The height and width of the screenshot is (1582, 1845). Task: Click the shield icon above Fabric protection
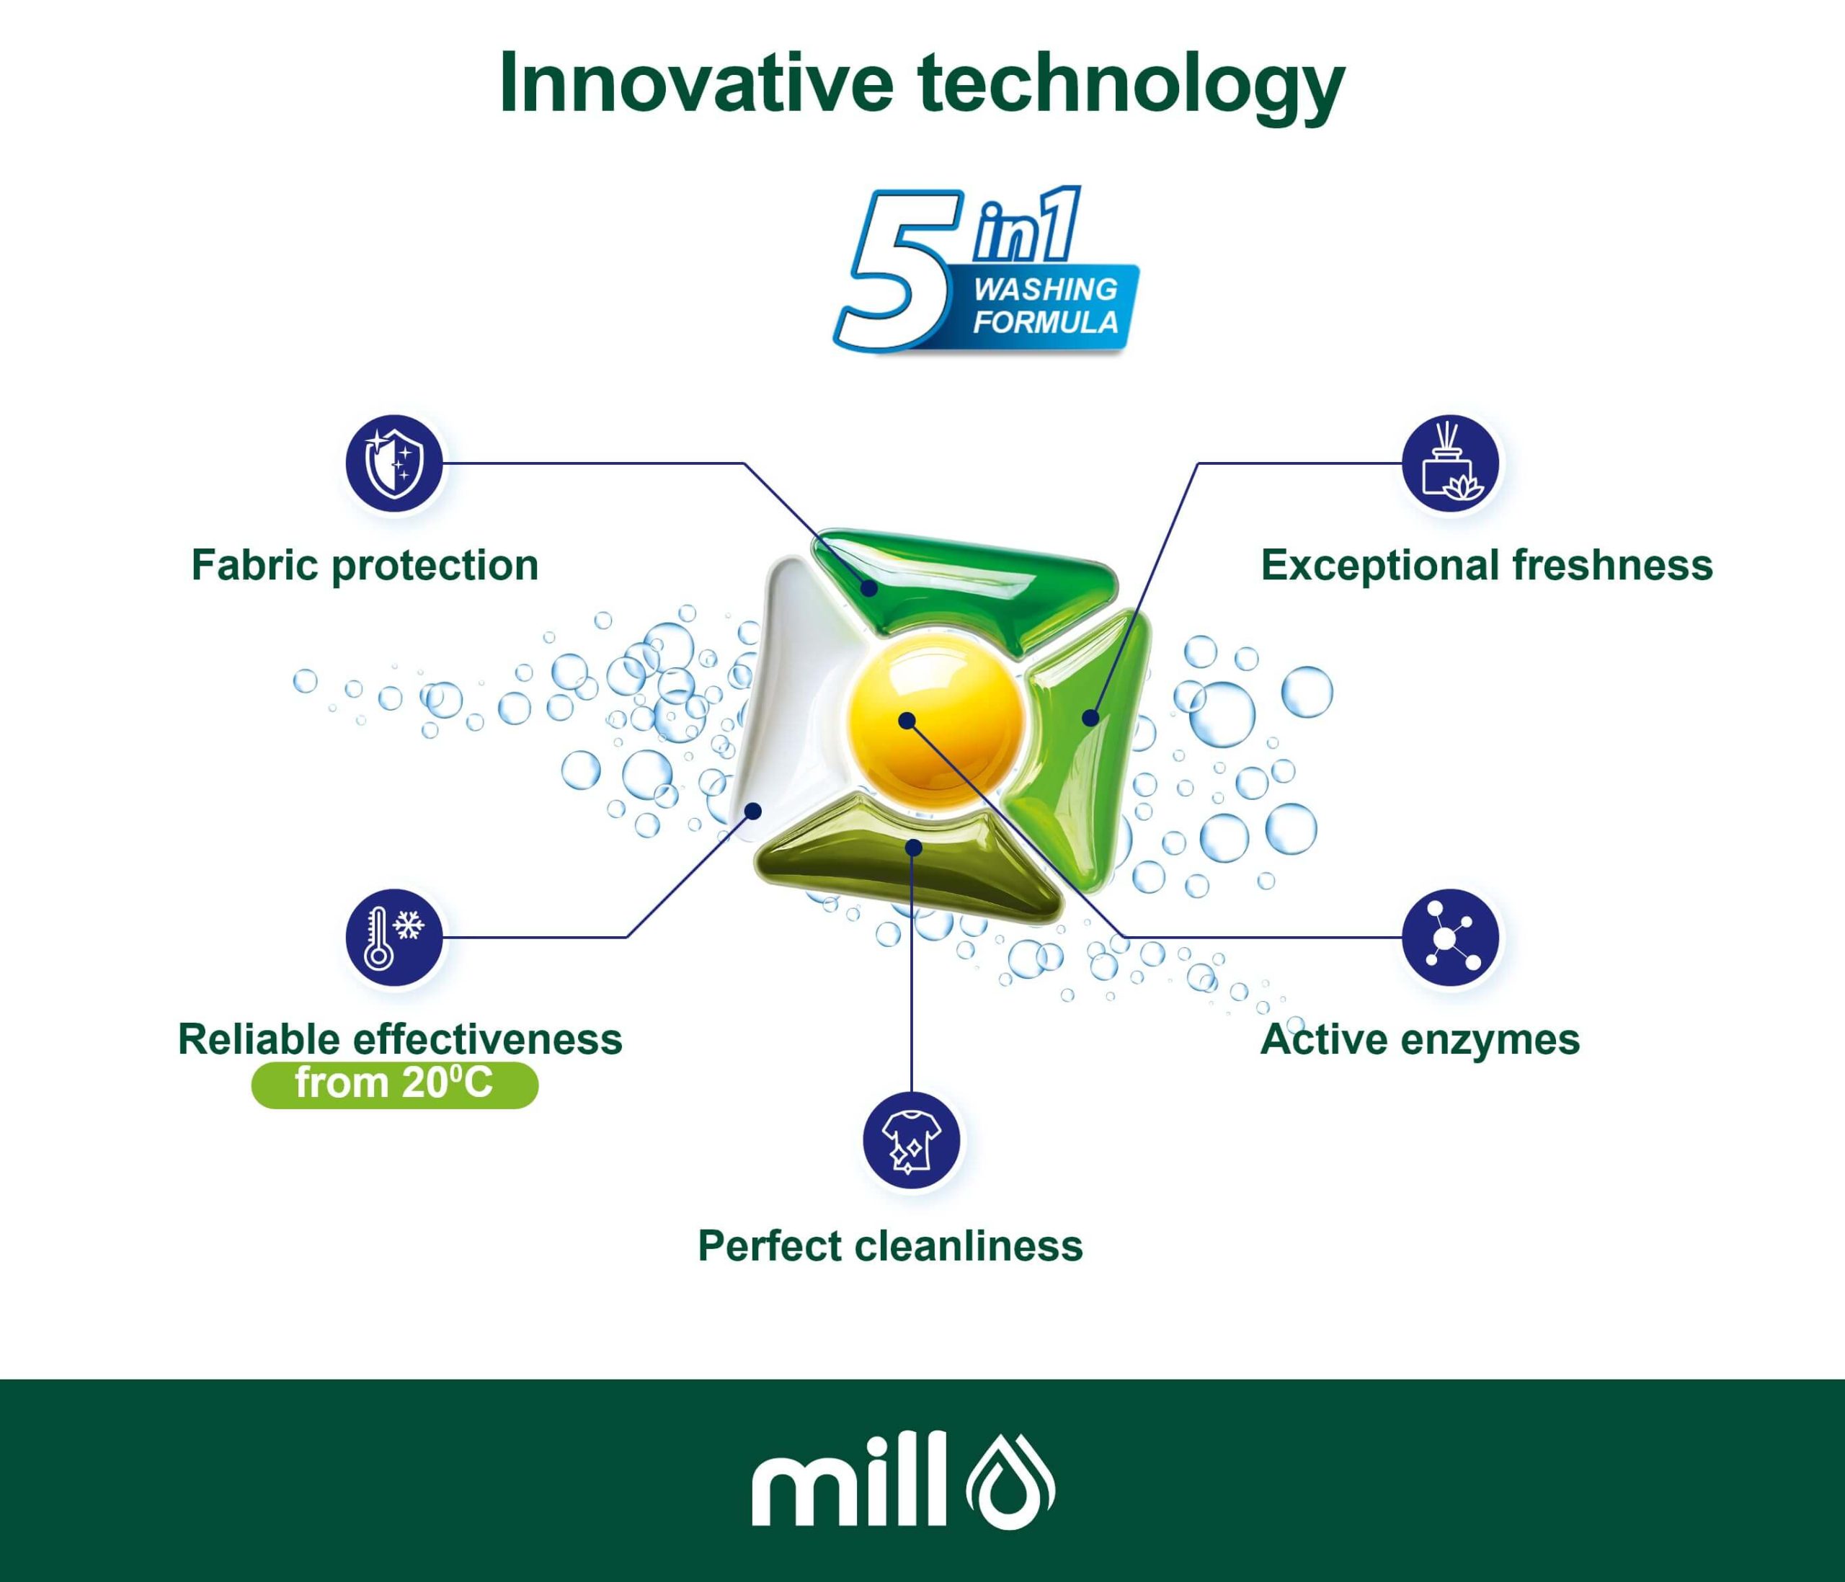pos(394,463)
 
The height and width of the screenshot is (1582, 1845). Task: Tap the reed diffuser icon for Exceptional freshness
pos(1451,463)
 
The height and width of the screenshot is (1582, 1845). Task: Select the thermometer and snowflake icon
pos(394,938)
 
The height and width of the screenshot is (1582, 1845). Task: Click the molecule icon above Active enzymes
pos(1451,938)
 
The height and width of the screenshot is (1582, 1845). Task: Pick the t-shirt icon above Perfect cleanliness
pos(912,1140)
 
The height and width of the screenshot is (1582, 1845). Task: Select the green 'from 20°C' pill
pos(394,1085)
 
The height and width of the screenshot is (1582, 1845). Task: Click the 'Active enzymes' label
pos(1421,1040)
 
